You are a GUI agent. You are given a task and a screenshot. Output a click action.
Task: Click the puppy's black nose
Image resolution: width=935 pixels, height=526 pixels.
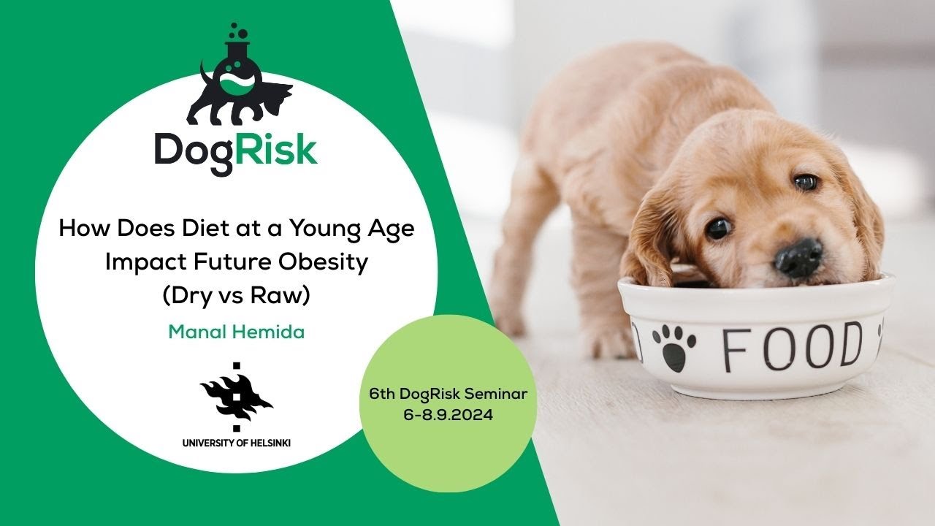(799, 256)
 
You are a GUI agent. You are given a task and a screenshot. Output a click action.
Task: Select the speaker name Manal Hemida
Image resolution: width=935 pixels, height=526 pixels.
(236, 332)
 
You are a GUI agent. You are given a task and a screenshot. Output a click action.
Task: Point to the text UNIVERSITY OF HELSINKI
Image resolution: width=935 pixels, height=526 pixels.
(236, 443)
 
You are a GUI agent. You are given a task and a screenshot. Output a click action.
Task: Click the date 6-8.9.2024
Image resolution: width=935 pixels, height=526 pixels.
(449, 413)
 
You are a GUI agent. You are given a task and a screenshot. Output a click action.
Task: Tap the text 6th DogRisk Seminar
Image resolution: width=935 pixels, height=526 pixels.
(449, 395)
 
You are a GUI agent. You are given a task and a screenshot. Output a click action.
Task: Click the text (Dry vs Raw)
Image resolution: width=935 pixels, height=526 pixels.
(236, 296)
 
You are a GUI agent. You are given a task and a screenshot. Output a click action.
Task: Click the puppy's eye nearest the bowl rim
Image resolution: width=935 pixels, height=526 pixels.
(718, 227)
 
